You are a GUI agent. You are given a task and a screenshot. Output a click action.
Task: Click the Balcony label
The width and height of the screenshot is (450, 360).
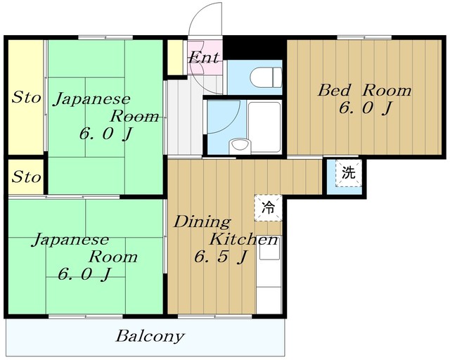point(150,337)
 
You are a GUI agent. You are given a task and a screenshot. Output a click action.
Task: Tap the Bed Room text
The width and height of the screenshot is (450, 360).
point(364,91)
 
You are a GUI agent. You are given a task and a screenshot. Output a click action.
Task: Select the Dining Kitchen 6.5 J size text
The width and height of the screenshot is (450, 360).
point(220,257)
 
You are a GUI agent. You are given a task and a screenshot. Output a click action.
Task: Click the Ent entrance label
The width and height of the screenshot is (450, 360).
point(204,57)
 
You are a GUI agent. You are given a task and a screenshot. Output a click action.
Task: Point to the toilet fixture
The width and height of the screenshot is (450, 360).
point(266,77)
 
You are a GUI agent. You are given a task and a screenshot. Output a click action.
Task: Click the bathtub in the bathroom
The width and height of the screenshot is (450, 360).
point(264,127)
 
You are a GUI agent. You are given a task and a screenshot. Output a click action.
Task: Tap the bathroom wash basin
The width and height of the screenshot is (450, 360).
point(240,146)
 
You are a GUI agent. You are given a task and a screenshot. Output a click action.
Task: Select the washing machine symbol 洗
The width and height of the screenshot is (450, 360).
point(349,173)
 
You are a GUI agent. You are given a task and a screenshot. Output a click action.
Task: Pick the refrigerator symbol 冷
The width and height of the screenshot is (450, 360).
point(268,208)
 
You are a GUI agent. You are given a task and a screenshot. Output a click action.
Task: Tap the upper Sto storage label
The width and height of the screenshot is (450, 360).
point(26,97)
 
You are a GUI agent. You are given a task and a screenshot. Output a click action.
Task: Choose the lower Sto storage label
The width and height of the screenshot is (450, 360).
point(26,176)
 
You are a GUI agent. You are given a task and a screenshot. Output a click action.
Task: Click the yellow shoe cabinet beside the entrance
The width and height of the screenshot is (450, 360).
point(175,57)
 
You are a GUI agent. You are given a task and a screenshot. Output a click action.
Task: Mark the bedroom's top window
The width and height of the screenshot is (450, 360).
point(364,37)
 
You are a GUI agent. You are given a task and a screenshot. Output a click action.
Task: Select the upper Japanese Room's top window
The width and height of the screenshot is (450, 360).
point(105,37)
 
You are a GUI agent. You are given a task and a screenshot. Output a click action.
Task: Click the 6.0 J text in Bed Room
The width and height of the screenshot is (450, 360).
point(365,108)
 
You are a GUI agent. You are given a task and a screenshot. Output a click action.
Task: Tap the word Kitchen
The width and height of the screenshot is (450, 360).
point(244,240)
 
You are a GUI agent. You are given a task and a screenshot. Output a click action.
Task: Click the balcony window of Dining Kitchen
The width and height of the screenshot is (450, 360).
point(214,316)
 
